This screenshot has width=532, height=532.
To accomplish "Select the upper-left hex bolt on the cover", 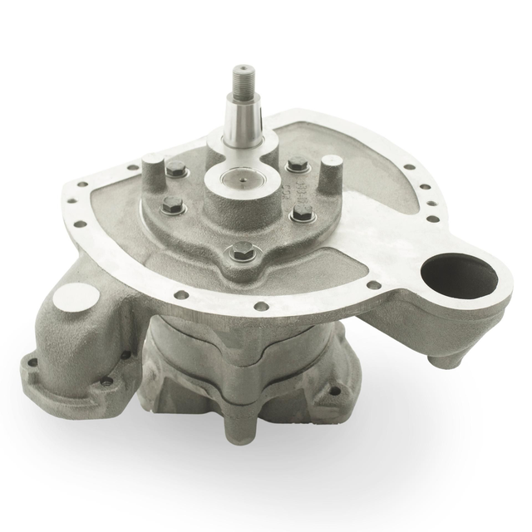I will pyautogui.click(x=175, y=170).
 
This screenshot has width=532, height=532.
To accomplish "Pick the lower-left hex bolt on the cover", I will pyautogui.click(x=173, y=204).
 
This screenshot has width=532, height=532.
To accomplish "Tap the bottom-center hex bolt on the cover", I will pyautogui.click(x=244, y=249).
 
